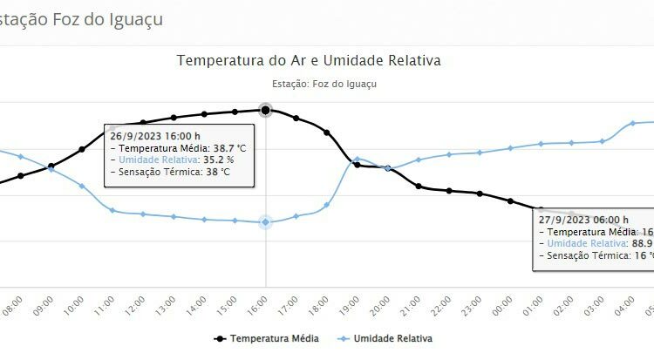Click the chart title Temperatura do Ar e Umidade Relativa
click(x=309, y=61)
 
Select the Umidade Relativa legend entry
click(x=393, y=337)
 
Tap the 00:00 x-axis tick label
click(x=508, y=305)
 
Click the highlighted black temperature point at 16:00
click(x=266, y=110)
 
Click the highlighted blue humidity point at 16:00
click(x=266, y=222)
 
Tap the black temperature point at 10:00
click(x=82, y=149)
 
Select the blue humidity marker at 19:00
click(x=358, y=159)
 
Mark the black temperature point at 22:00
click(x=449, y=190)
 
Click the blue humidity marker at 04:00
click(x=633, y=124)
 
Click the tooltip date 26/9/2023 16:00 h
click(x=155, y=136)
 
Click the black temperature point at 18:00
click(x=327, y=132)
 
